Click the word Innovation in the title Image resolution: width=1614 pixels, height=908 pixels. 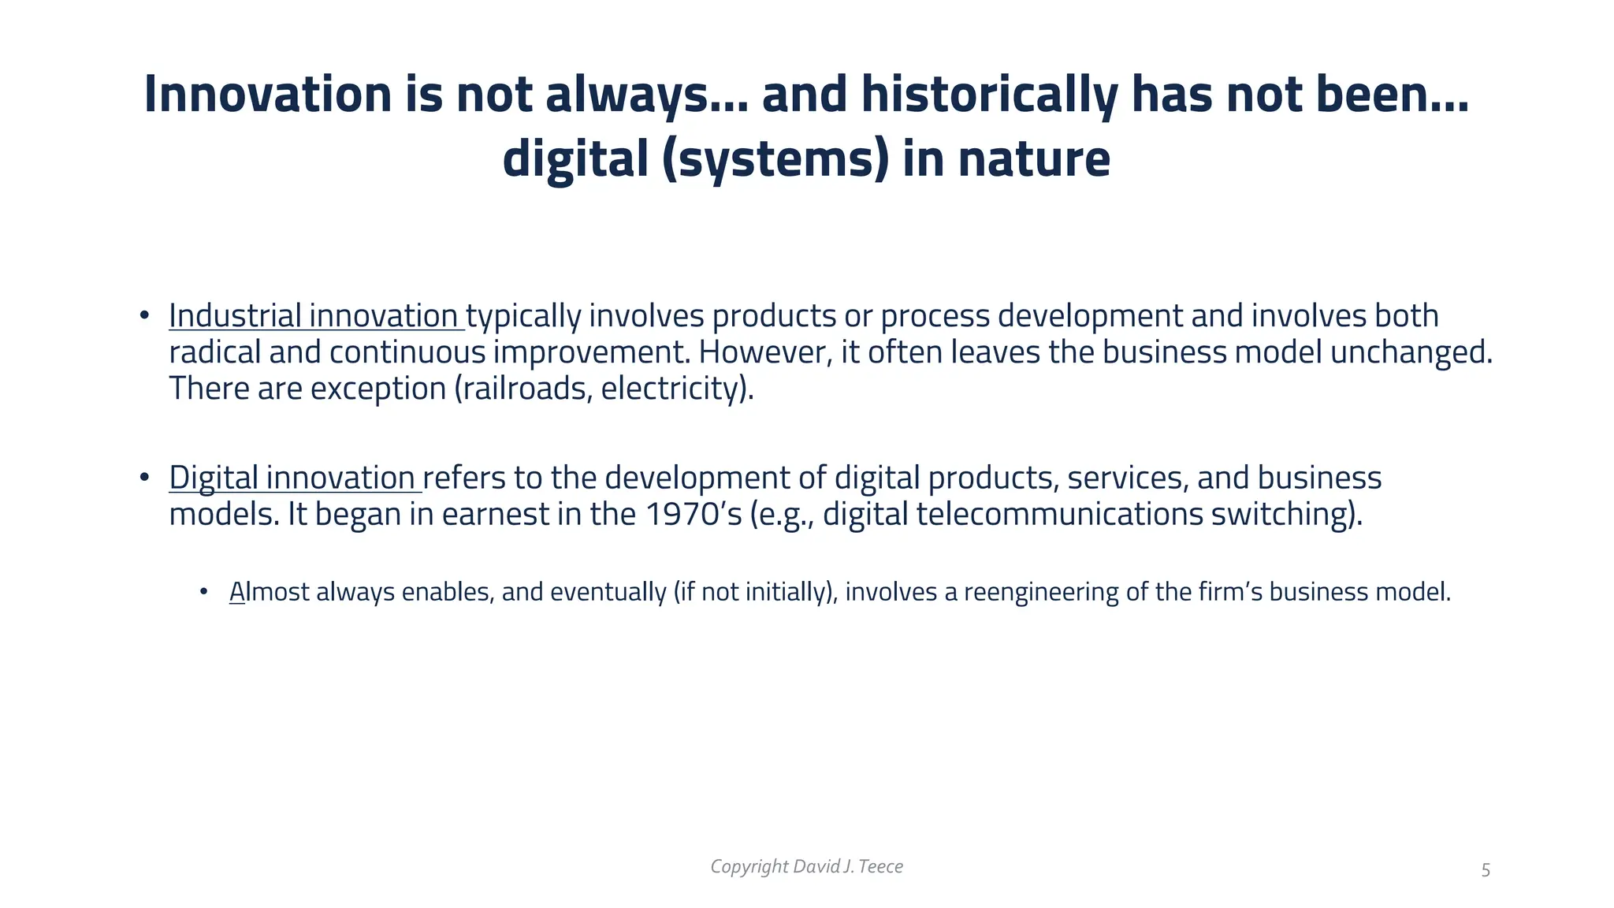click(268, 95)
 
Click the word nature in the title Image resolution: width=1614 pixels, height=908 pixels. click(1034, 159)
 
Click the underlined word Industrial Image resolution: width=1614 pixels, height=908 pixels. click(235, 316)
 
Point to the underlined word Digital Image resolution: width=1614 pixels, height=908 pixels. click(214, 478)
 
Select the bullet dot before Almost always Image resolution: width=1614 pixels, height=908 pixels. click(204, 591)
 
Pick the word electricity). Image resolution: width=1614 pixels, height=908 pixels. click(677, 389)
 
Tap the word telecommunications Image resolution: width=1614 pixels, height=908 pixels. click(1059, 515)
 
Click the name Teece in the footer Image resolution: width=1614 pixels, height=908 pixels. click(880, 867)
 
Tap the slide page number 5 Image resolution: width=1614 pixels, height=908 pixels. click(1486, 870)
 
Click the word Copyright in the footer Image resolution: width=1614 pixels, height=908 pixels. click(749, 867)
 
